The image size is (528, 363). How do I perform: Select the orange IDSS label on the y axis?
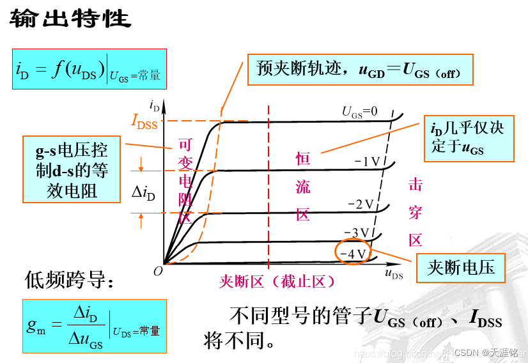click(144, 121)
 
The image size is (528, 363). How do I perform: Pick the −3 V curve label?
click(357, 232)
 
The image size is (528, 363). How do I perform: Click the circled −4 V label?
click(352, 253)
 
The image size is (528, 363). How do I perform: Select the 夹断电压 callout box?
click(460, 267)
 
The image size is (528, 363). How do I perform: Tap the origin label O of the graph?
click(158, 271)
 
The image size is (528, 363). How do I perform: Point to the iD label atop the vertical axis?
click(153, 104)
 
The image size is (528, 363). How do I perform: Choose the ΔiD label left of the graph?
click(143, 191)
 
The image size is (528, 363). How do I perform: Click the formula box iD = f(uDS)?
click(88, 69)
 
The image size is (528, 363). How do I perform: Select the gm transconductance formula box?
click(94, 326)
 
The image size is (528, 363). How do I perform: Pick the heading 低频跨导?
click(70, 279)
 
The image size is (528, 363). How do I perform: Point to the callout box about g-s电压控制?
click(72, 169)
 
